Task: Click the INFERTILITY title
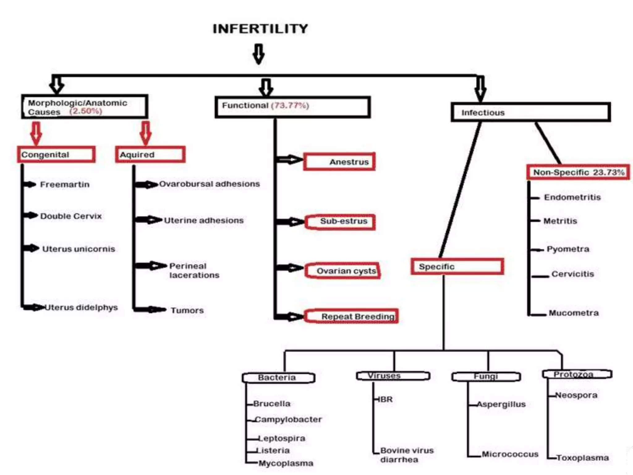(x=260, y=29)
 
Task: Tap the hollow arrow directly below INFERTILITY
(x=259, y=54)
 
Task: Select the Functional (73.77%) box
(x=292, y=107)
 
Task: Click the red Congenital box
(x=56, y=154)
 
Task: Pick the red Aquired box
(x=150, y=154)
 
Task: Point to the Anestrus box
(x=339, y=161)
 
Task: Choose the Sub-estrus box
(x=340, y=222)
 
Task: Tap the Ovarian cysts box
(x=342, y=271)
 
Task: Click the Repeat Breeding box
(x=351, y=316)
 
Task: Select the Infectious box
(x=530, y=112)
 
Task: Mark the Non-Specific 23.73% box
(x=578, y=172)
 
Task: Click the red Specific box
(x=457, y=266)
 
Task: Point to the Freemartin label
(x=65, y=185)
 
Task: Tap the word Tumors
(x=187, y=310)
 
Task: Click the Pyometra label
(x=568, y=249)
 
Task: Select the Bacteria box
(x=278, y=378)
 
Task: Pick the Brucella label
(x=272, y=404)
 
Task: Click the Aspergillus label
(x=501, y=404)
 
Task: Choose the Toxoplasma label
(x=583, y=457)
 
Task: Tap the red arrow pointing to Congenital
(x=36, y=133)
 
